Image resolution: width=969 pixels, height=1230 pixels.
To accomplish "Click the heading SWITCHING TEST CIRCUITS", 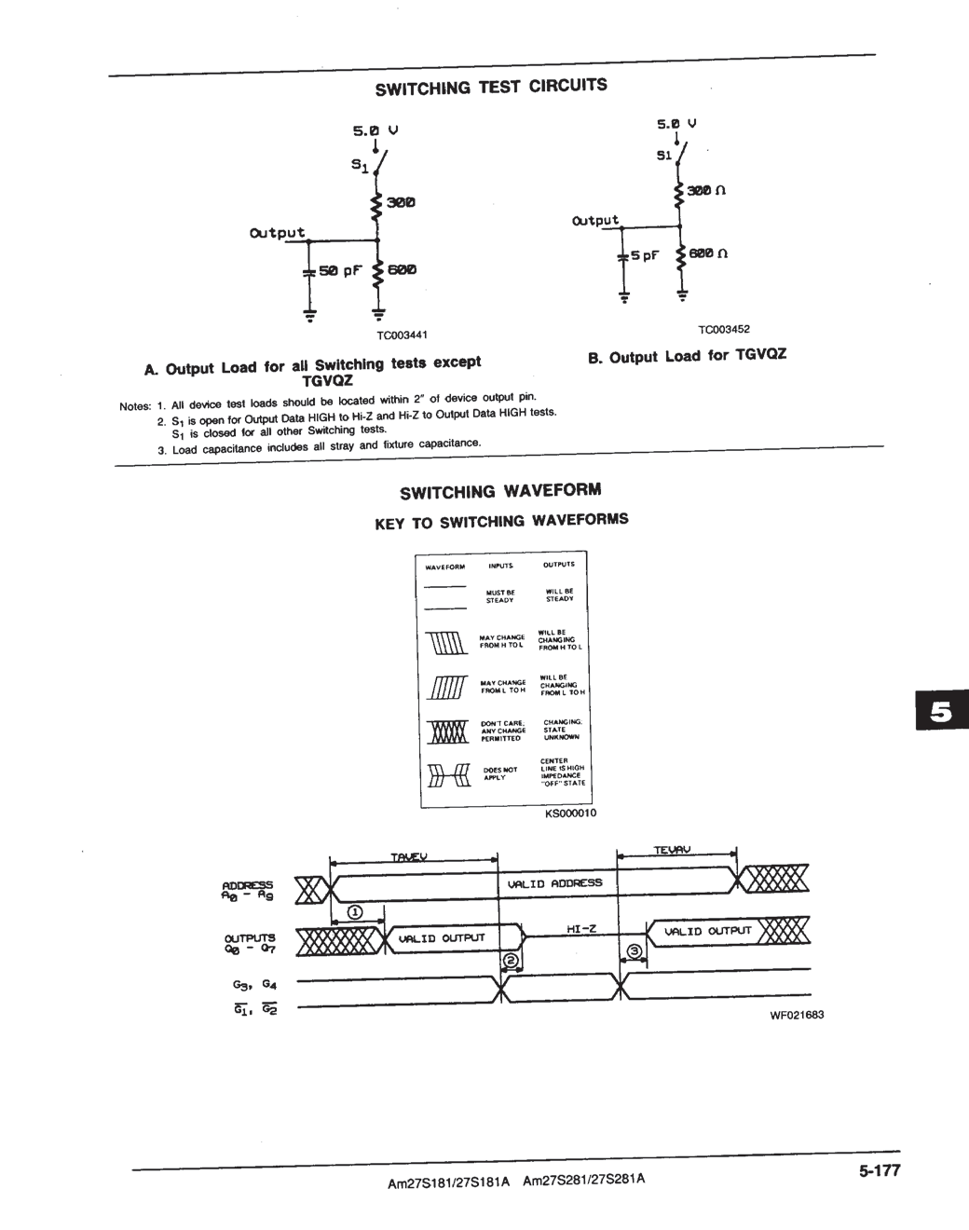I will pyautogui.click(x=491, y=87).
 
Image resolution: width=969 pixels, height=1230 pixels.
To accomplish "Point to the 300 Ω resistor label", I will pyautogui.click(x=706, y=190).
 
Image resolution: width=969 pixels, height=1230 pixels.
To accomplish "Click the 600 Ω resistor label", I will pyautogui.click(x=708, y=253).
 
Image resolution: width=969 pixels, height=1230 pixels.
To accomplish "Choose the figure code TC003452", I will pyautogui.click(x=724, y=329).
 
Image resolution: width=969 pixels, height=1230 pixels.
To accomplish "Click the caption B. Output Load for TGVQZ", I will pyautogui.click(x=687, y=356).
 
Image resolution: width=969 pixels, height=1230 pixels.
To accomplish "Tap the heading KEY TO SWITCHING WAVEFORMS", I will pyautogui.click(x=501, y=521).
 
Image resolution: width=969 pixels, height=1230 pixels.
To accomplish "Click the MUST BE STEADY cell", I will pyautogui.click(x=500, y=596).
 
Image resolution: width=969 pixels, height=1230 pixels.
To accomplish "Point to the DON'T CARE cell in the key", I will pyautogui.click(x=503, y=731).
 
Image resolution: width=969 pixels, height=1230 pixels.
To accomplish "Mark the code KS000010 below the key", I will pyautogui.click(x=570, y=813).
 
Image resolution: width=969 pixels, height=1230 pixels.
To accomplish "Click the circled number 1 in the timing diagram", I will pyautogui.click(x=355, y=911).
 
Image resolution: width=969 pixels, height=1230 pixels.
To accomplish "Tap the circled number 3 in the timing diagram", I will pyautogui.click(x=635, y=951).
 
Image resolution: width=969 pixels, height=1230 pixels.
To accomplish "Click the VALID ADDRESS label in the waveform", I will pyautogui.click(x=554, y=882).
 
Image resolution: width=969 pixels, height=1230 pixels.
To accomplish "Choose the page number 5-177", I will pyautogui.click(x=880, y=1171).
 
